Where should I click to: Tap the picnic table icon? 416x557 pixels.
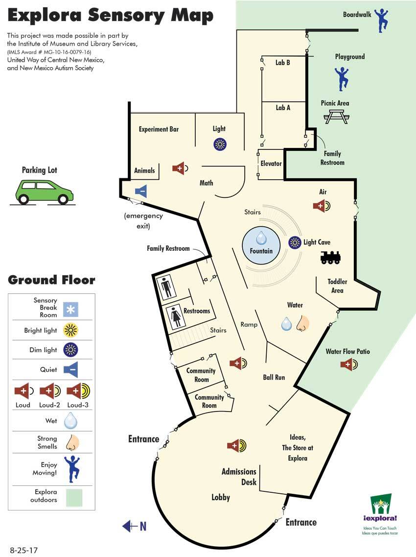point(337,117)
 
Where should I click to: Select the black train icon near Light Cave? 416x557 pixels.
point(330,258)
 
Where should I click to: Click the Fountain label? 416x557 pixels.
point(261,251)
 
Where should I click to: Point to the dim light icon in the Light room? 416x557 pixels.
point(220,144)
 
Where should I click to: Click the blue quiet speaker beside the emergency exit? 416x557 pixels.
point(141,192)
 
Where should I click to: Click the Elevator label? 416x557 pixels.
point(271,164)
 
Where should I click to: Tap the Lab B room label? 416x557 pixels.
point(283,63)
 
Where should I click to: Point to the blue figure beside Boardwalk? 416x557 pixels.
point(381,20)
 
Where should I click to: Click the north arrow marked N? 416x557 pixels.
point(135,526)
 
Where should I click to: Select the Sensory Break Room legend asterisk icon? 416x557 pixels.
point(70,310)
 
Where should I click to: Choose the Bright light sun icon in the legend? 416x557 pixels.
point(70,330)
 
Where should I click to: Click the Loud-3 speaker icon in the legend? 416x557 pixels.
point(78,391)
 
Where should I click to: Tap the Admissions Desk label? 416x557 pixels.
point(239,477)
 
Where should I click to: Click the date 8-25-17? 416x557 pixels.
point(24,550)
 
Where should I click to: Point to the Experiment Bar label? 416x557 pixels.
point(159,129)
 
